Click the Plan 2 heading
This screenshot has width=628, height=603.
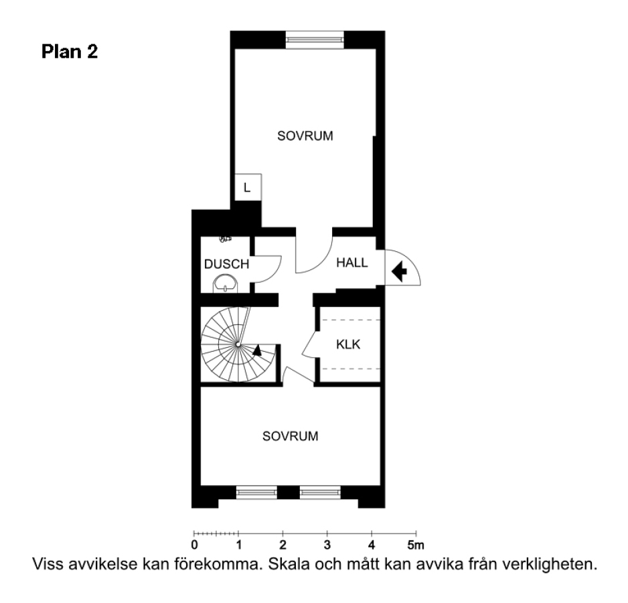point(70,52)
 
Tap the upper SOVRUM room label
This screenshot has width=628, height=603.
point(305,136)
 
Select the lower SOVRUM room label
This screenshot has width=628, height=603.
point(291,435)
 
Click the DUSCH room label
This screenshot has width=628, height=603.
point(227,264)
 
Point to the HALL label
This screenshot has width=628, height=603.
point(352,263)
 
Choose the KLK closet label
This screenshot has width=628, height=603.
point(348,344)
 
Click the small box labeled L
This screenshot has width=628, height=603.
point(248,187)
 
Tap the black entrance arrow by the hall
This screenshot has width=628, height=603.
point(399,271)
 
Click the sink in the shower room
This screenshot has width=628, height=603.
point(225,284)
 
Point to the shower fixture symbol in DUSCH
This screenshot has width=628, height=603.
point(225,239)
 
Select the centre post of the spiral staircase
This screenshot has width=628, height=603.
point(238,344)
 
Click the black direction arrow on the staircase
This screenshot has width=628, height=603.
point(257,350)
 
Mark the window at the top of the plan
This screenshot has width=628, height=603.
point(315,40)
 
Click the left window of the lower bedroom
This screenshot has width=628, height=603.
point(256,492)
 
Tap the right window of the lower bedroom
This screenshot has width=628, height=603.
point(321,492)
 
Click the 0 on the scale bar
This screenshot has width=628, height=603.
point(194,545)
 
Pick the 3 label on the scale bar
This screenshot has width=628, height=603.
point(327,545)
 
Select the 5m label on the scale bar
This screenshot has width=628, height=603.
point(416,545)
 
